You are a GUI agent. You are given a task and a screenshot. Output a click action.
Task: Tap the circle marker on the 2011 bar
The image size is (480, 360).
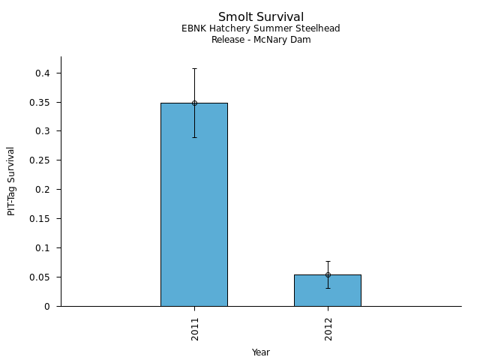click(x=194, y=103)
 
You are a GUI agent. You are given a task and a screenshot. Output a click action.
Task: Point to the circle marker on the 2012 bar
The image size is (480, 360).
click(x=328, y=274)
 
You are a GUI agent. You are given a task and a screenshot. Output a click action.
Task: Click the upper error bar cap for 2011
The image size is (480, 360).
click(x=194, y=69)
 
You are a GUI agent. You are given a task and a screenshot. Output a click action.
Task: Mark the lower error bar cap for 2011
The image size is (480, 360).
click(x=194, y=137)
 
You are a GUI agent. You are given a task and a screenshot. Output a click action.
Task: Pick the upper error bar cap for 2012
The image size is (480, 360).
click(x=328, y=261)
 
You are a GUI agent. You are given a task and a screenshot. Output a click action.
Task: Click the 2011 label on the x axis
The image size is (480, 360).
click(x=195, y=330)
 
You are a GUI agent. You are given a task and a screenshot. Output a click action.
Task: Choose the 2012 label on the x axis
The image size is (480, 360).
click(x=328, y=330)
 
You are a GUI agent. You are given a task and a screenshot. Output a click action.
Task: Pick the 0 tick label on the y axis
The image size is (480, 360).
click(x=48, y=307)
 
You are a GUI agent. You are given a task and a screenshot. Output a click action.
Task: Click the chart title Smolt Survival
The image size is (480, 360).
click(x=261, y=16)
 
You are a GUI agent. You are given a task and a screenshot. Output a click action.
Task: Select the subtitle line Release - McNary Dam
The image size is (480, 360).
click(x=261, y=40)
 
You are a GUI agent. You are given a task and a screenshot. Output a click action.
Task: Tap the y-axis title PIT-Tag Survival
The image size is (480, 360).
click(x=11, y=181)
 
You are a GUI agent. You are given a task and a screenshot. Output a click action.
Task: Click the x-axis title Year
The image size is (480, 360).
click(x=261, y=352)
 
